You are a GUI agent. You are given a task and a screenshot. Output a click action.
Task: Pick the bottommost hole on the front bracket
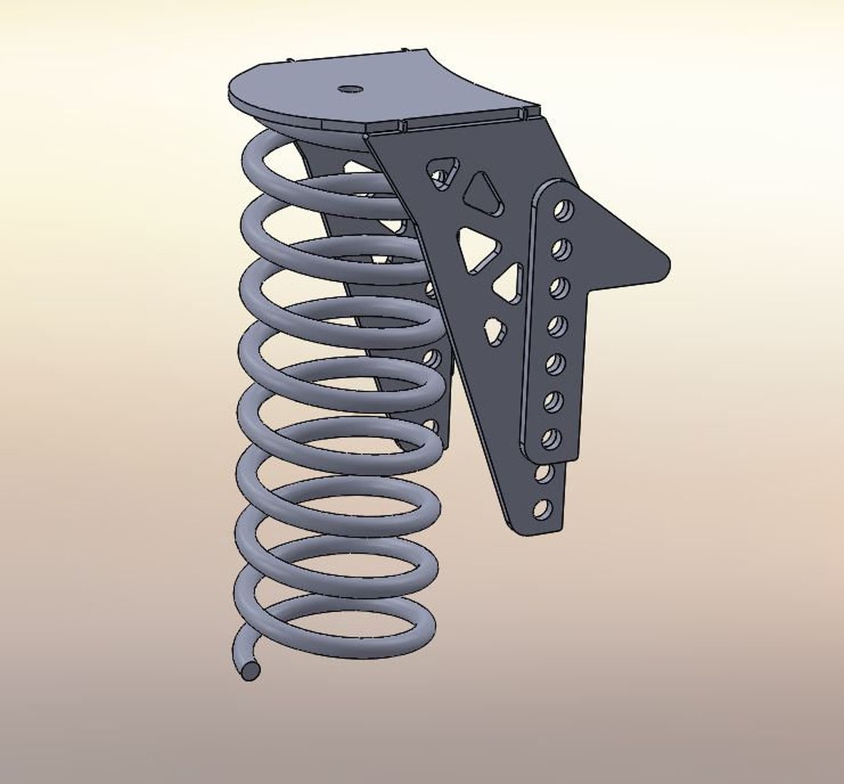[542, 510]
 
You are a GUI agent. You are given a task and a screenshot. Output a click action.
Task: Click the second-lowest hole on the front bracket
[545, 474]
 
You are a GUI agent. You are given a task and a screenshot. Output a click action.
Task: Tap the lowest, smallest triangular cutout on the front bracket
[495, 330]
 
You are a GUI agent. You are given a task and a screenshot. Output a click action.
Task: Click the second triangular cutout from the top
[482, 194]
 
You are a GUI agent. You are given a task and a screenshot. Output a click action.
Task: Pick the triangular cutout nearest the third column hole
[509, 284]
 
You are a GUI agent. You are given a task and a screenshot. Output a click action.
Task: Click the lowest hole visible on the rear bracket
[430, 427]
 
